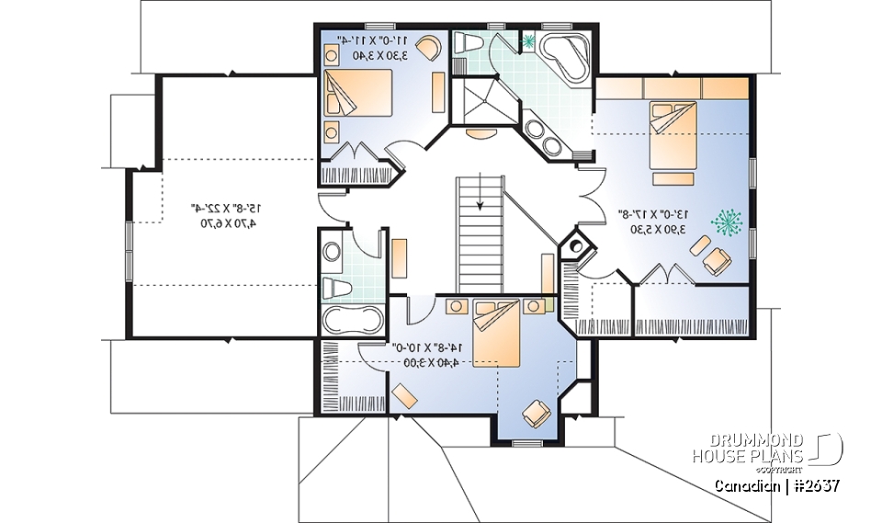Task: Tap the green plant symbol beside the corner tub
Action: point(528,40)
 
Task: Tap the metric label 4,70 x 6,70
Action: point(222,222)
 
